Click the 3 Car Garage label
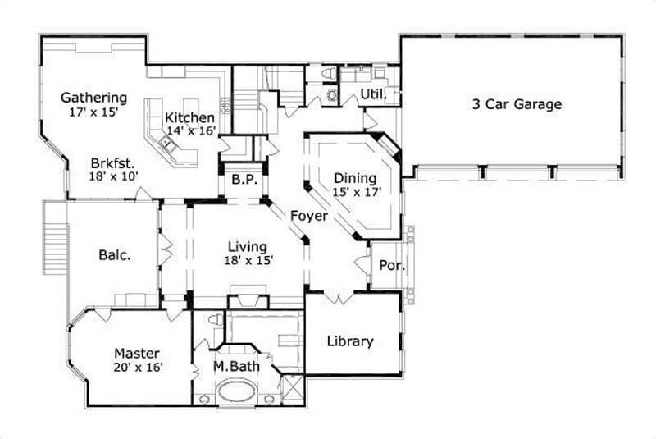[517, 104]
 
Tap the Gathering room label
[93, 98]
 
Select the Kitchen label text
[189, 117]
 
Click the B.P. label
[241, 178]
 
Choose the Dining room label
[355, 178]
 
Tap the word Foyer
[308, 217]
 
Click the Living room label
[247, 246]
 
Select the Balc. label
[115, 254]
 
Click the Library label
[350, 341]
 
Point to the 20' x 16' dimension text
[139, 368]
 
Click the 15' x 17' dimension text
[356, 192]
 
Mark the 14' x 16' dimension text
[191, 131]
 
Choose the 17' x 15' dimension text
[94, 112]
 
